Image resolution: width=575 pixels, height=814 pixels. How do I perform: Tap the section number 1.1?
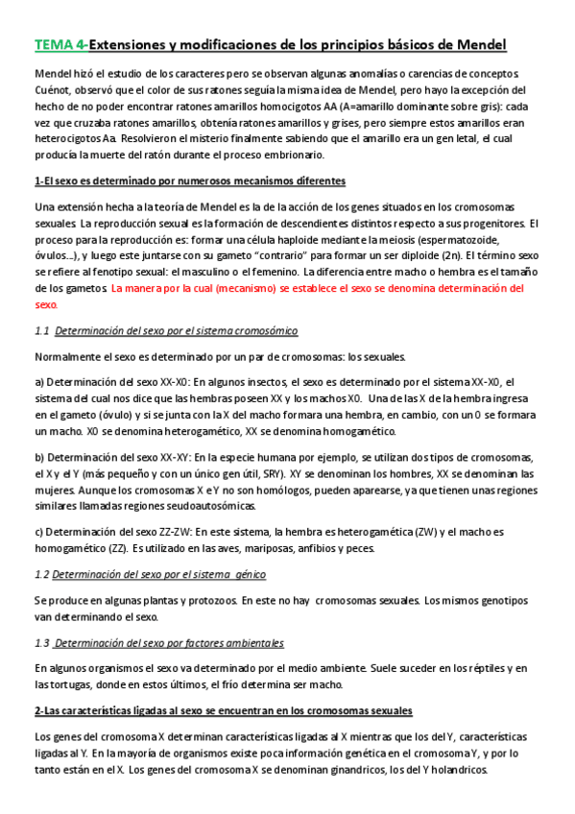point(41,330)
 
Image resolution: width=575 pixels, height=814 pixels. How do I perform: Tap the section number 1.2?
point(41,574)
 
